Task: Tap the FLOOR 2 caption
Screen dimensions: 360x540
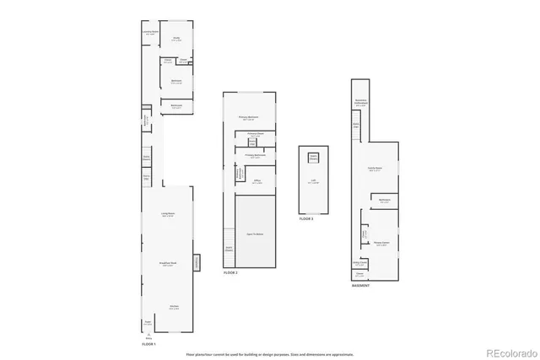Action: pos(230,273)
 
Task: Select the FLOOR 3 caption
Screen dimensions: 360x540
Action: pos(306,219)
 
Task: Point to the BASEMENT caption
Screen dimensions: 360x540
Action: pos(362,287)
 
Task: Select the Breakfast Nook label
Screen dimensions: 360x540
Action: pos(167,265)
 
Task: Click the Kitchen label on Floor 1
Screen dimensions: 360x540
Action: pos(173,307)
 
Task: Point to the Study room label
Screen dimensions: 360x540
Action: pos(177,38)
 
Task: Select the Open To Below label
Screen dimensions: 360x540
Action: pos(255,234)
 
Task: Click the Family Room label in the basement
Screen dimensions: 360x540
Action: pos(375,169)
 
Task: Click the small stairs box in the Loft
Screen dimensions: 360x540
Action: pos(314,158)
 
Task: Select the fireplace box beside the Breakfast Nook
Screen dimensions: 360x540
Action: pos(198,263)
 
